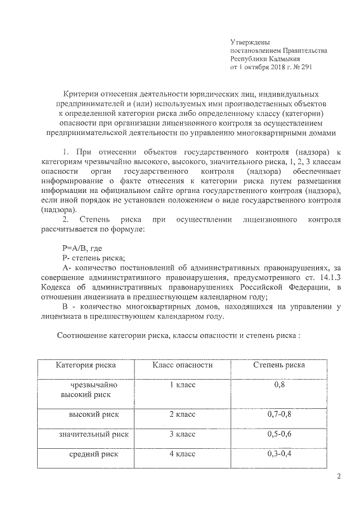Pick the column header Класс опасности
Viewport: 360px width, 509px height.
click(182, 365)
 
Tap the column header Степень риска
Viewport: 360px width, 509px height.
click(279, 365)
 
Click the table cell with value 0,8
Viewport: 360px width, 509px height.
click(280, 385)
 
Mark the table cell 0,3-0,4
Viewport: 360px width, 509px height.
click(280, 453)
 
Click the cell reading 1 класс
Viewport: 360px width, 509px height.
click(182, 385)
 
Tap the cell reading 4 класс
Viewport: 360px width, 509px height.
click(182, 453)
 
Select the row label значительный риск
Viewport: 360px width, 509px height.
click(94, 434)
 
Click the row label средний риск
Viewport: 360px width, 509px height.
click(94, 454)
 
